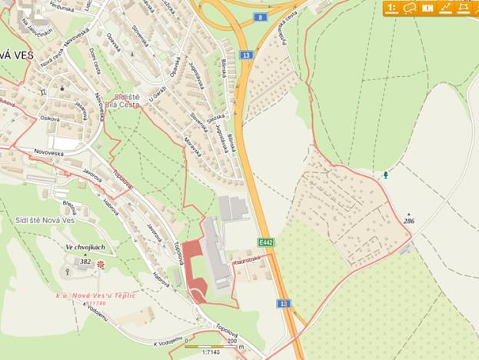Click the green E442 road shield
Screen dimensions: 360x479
click(265, 242)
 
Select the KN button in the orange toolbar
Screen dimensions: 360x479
click(427, 8)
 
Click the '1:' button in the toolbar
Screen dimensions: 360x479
click(392, 8)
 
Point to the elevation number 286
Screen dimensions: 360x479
click(408, 221)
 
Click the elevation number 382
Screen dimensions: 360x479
click(85, 262)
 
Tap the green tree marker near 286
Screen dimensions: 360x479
click(385, 175)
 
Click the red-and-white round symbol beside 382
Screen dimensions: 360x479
click(100, 264)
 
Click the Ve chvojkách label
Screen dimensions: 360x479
click(85, 247)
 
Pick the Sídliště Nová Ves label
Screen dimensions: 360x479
click(45, 220)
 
